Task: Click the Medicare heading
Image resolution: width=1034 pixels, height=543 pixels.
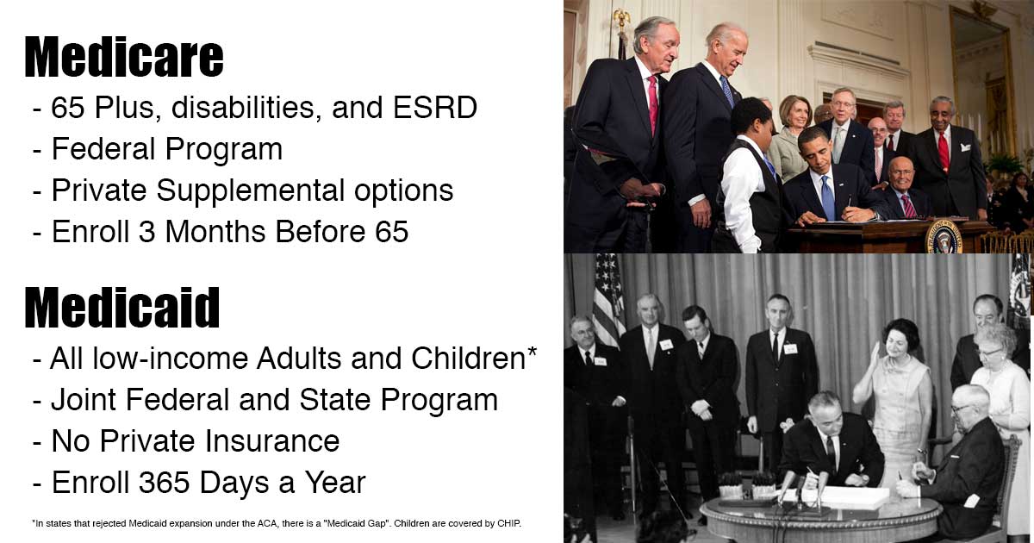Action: pos(124,57)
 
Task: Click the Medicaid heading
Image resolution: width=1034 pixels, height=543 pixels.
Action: pos(121,308)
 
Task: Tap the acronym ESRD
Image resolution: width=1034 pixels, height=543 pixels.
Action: pos(435,107)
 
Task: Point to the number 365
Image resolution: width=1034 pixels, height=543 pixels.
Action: pos(164,482)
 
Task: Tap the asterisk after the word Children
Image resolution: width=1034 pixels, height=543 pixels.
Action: pos(532,352)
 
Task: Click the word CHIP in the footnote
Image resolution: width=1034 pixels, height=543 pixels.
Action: pos(508,523)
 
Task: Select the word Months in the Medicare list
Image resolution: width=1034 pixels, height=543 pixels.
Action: pos(215,231)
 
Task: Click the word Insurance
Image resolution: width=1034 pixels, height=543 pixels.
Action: pos(272,440)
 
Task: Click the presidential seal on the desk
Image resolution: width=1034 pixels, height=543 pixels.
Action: pos(944,236)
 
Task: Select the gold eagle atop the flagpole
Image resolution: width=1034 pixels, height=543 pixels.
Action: pos(621,19)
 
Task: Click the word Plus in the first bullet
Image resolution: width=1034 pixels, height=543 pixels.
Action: pos(124,107)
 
